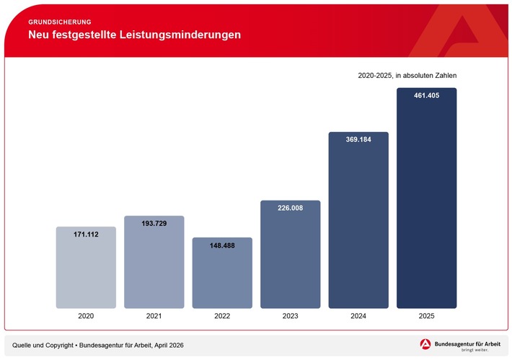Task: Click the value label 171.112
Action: click(86, 234)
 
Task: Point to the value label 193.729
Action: click(154, 224)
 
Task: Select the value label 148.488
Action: click(222, 245)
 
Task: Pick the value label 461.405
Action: click(426, 96)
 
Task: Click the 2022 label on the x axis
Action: click(222, 316)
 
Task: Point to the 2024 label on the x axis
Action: click(358, 316)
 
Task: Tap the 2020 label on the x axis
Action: click(86, 316)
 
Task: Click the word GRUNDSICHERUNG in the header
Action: click(60, 22)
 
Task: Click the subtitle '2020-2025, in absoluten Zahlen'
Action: click(407, 75)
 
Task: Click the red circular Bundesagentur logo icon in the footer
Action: click(425, 345)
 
